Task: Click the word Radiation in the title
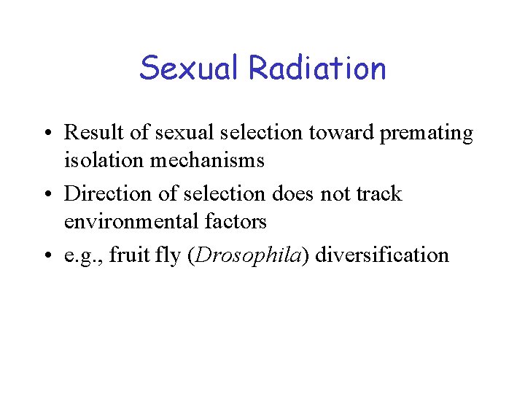click(x=317, y=68)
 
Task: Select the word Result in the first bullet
click(x=89, y=133)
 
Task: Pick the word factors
click(x=235, y=220)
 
